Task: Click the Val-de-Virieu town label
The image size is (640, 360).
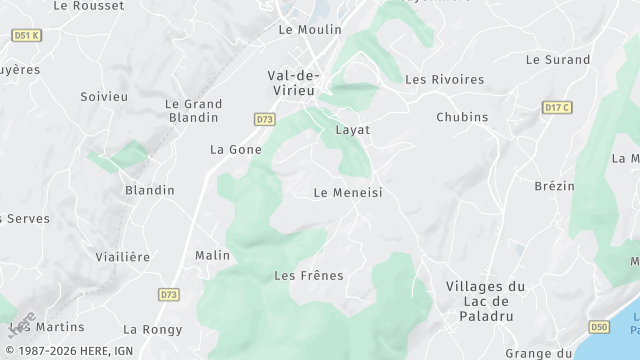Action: coord(293,82)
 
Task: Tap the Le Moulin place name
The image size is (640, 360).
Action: coord(310,30)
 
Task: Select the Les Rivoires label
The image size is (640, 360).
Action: coord(444,80)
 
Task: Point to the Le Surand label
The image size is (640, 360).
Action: coord(558,60)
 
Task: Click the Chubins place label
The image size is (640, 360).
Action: coord(462,117)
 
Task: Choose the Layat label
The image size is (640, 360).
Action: coord(353,130)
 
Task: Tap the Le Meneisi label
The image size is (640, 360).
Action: coord(348,193)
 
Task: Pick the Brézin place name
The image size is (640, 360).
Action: coord(555,186)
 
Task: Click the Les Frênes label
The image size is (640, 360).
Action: coord(309,275)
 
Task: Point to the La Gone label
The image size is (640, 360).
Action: coord(236,150)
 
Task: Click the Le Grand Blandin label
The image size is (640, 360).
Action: coord(194,110)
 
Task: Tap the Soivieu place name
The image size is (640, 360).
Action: coord(104,97)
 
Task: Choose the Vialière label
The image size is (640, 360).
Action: coord(123,257)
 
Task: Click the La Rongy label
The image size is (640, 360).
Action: coord(153,329)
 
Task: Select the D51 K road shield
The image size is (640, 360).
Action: coord(26,35)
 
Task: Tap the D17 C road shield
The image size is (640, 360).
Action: coord(557,107)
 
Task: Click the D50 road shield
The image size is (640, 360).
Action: coord(599,327)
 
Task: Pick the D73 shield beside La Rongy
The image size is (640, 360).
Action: coord(168,294)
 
